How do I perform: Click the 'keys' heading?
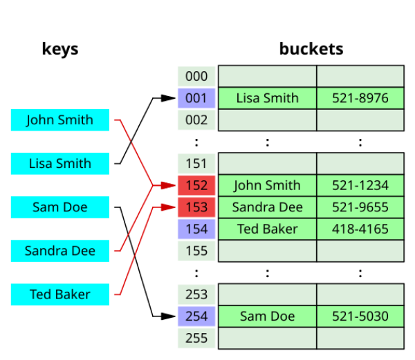pyautogui.click(x=60, y=50)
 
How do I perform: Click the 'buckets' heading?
pyautogui.click(x=311, y=49)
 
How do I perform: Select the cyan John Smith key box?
pyautogui.click(x=60, y=120)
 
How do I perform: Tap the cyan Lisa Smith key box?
pyautogui.click(x=60, y=164)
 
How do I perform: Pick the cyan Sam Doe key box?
pyautogui.click(x=60, y=207)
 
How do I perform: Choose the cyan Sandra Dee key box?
pyautogui.click(x=60, y=251)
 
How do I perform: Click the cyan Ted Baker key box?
pyautogui.click(x=60, y=294)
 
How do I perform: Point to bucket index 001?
pyautogui.click(x=196, y=98)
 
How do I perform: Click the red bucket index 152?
pyautogui.click(x=196, y=185)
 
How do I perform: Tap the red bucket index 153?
pyautogui.click(x=196, y=207)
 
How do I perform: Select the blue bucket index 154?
pyautogui.click(x=196, y=229)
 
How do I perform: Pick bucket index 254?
pyautogui.click(x=196, y=316)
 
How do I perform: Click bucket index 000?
pyautogui.click(x=196, y=77)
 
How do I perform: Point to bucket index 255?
pyautogui.click(x=196, y=338)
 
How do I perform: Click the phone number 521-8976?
pyautogui.click(x=360, y=98)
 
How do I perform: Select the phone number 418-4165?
pyautogui.click(x=360, y=229)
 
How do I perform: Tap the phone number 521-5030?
pyautogui.click(x=360, y=316)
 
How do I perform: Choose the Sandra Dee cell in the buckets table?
pyautogui.click(x=267, y=207)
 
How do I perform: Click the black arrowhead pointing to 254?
pyautogui.click(x=168, y=316)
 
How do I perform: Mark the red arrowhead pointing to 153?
pyautogui.click(x=168, y=207)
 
